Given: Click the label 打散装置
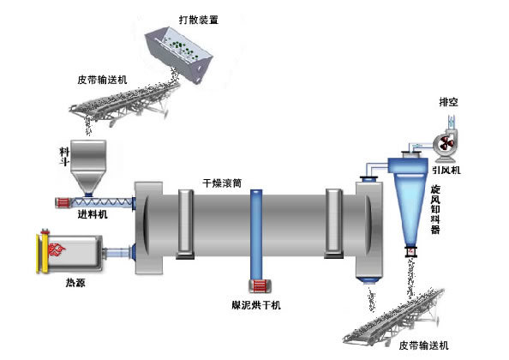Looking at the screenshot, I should (196, 16).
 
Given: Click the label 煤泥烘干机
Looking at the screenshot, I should (256, 304).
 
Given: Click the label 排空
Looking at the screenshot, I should (447, 103).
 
